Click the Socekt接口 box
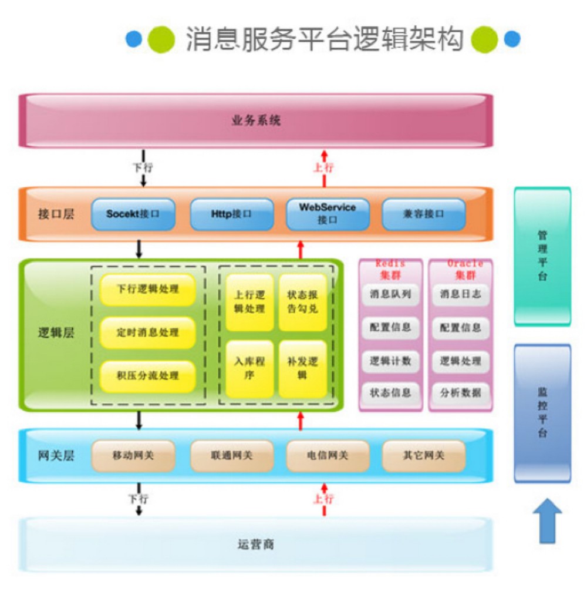pyautogui.click(x=133, y=214)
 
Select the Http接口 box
pyautogui.click(x=231, y=214)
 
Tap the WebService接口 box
pyautogui.click(x=328, y=214)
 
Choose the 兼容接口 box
pyautogui.click(x=423, y=214)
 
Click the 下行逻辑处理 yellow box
pyautogui.click(x=147, y=290)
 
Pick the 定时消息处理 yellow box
pyautogui.click(x=147, y=332)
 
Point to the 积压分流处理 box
pyautogui.click(x=147, y=376)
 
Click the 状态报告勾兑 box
pyautogui.click(x=302, y=303)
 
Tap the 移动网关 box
pyautogui.click(x=133, y=455)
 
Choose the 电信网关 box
pyautogui.click(x=328, y=455)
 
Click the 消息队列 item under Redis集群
pyautogui.click(x=390, y=294)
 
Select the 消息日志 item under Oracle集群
pyautogui.click(x=460, y=294)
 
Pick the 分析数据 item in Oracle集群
pyautogui.click(x=460, y=392)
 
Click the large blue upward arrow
pyautogui.click(x=547, y=520)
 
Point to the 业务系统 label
pyautogui.click(x=256, y=121)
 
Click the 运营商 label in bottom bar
pyautogui.click(x=256, y=545)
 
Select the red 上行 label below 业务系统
pyautogui.click(x=323, y=167)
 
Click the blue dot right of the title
pyautogui.click(x=512, y=39)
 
